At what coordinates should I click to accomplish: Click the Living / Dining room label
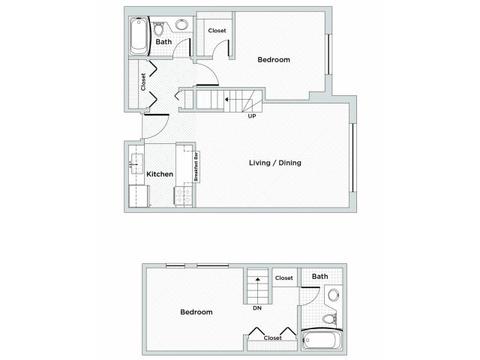(275, 163)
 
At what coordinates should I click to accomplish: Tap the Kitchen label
(160, 174)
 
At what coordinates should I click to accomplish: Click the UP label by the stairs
(252, 115)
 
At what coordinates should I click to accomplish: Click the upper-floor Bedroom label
(196, 312)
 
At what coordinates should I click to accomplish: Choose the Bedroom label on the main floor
(274, 59)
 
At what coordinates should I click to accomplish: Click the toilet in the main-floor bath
(158, 29)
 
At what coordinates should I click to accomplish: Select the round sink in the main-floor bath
(181, 25)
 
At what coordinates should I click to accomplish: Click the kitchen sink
(136, 162)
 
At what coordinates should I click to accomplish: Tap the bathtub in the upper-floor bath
(321, 341)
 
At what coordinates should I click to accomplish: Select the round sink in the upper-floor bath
(334, 294)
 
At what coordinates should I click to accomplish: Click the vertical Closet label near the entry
(143, 82)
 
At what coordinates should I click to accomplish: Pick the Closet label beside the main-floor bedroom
(217, 31)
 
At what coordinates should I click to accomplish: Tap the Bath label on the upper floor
(320, 277)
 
